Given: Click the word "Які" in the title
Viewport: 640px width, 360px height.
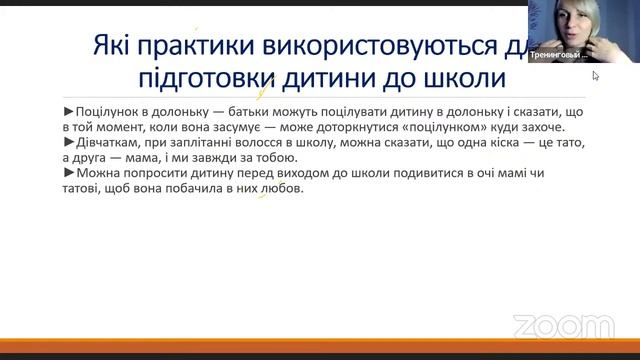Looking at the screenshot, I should pos(111,46).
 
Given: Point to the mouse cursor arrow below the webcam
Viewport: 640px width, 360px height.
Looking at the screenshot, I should pos(596,76).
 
